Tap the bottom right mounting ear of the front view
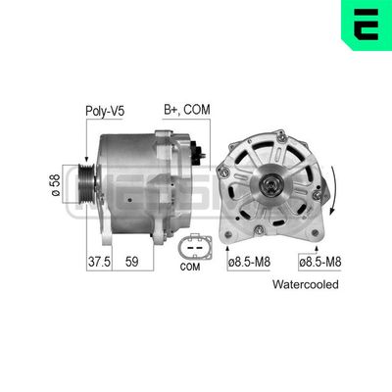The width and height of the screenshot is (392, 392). tap(315, 233)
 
